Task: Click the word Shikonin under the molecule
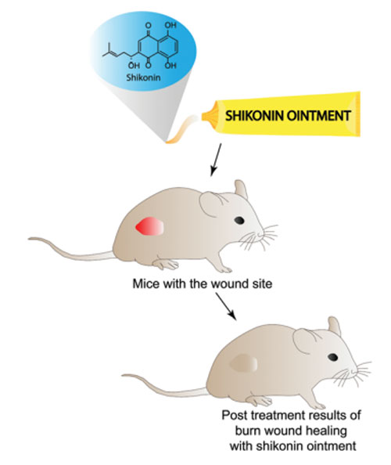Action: tap(143, 77)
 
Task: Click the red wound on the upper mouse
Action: tap(149, 226)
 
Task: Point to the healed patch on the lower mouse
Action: tap(244, 363)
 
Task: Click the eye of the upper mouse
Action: tap(239, 220)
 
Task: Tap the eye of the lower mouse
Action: tap(332, 357)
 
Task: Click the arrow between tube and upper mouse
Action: tap(216, 160)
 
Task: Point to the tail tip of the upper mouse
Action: tap(30, 239)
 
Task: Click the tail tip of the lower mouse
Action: tap(124, 376)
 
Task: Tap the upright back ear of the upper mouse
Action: tap(241, 189)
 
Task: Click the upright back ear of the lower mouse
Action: tap(335, 326)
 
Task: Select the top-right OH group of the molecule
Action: tap(170, 25)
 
